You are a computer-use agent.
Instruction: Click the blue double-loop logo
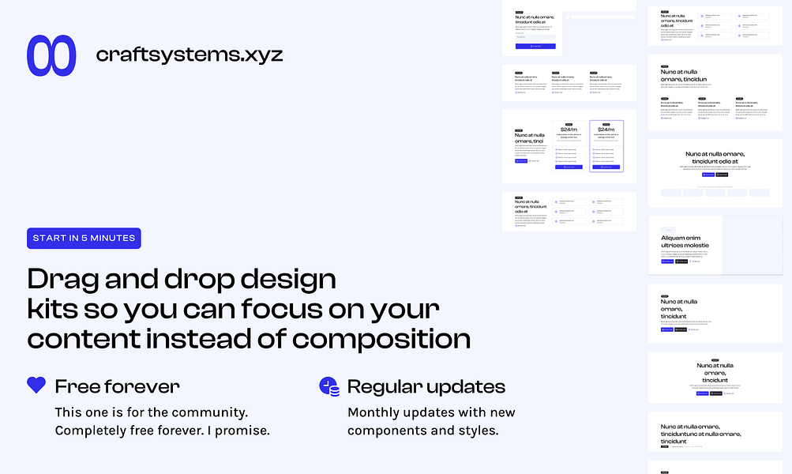tap(51, 55)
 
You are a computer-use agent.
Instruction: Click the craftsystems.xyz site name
tap(189, 55)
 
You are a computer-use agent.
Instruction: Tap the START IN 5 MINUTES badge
tap(84, 238)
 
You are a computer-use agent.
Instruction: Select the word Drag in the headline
tap(65, 280)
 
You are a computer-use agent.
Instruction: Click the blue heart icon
tap(36, 386)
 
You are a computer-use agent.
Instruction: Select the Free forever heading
tap(117, 386)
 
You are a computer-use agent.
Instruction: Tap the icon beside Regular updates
tap(328, 386)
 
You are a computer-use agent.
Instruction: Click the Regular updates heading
tap(426, 386)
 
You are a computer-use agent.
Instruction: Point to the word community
tap(211, 412)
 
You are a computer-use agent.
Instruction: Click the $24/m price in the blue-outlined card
tap(606, 130)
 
